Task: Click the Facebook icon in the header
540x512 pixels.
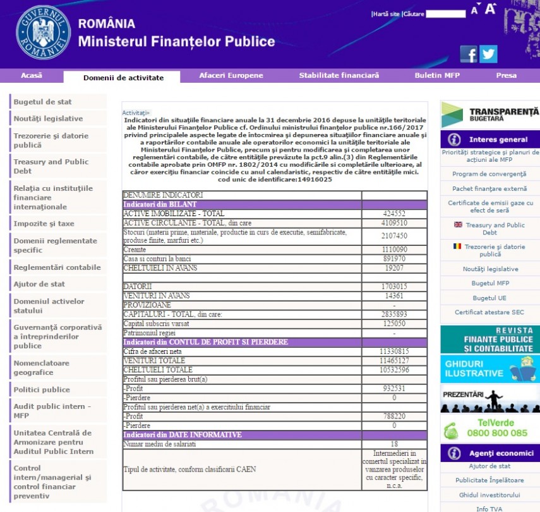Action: pos(469,54)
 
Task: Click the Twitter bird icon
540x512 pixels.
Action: pos(489,54)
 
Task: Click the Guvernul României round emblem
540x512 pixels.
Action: pos(44,33)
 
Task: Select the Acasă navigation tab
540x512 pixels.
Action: pos(32,75)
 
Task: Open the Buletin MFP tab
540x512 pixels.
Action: pos(437,75)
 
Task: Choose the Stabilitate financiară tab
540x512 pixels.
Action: pos(339,75)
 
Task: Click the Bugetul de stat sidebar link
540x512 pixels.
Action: pos(43,102)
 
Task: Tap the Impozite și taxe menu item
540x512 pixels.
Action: pos(44,224)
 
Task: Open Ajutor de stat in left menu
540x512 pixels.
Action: pos(40,284)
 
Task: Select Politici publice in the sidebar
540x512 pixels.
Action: pos(42,389)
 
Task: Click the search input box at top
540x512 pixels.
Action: pos(445,13)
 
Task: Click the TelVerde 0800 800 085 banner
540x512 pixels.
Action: pos(490,428)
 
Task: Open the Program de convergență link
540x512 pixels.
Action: pos(489,174)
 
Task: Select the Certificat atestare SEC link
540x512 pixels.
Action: pos(489,312)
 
